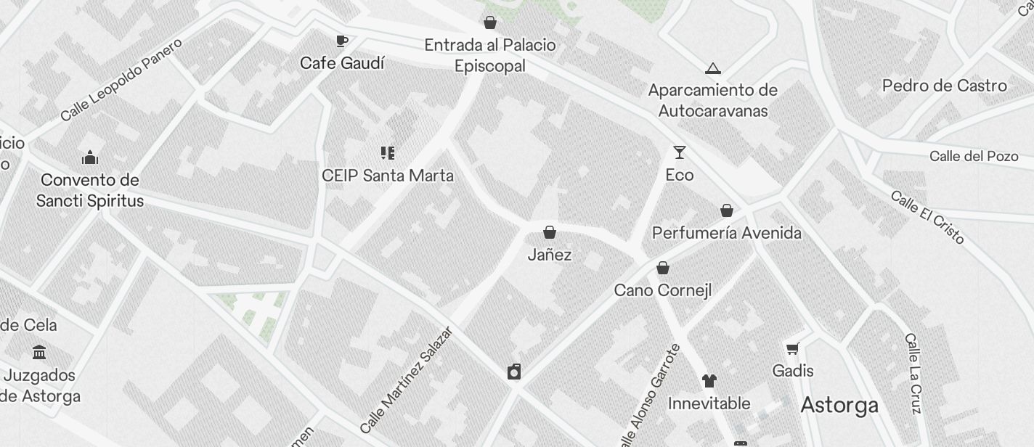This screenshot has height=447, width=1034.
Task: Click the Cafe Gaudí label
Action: point(342,63)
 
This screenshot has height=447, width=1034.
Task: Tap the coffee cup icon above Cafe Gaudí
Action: point(342,41)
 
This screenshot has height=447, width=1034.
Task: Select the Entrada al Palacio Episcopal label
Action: point(490,55)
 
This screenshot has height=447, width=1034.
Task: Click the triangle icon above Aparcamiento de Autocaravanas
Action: point(713,69)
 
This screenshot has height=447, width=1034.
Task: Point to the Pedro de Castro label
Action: point(944,86)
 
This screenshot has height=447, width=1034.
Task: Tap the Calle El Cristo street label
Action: point(927,217)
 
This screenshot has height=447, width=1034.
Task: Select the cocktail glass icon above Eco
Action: point(680,152)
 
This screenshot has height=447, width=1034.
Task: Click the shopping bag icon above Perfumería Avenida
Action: point(727,210)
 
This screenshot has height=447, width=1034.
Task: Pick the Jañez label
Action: point(550,255)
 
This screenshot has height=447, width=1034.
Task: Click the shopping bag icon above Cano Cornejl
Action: point(663,268)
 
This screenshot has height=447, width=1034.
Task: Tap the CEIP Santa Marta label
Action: point(388,176)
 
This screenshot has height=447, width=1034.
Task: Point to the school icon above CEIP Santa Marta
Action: point(388,153)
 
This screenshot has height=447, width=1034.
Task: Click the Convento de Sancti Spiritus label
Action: point(90,190)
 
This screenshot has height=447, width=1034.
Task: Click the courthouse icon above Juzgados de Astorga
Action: point(40,353)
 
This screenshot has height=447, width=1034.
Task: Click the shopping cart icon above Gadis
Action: point(793,348)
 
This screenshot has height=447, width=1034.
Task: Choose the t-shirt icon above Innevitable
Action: point(709,381)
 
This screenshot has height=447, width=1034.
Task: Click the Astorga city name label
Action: point(839,405)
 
